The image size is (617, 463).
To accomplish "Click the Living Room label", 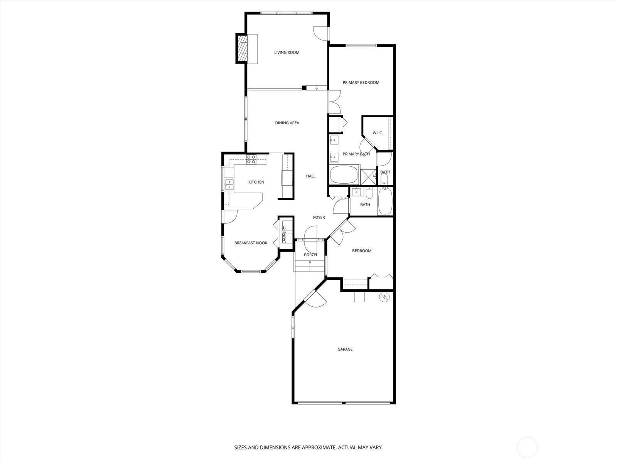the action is pos(287,52).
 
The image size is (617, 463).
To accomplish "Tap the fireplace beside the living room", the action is pos(242,48).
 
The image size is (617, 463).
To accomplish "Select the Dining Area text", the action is pos(287,123).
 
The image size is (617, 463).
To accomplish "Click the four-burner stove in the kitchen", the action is pos(251,159).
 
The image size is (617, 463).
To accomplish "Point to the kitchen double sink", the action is pos(229,185).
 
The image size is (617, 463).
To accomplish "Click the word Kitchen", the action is pos(256,182).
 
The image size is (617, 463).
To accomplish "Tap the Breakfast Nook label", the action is pos(251,243).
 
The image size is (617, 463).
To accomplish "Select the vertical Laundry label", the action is pos(284,235).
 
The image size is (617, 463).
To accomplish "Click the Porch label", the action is pos(310,255).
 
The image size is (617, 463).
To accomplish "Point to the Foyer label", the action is pos(319,217).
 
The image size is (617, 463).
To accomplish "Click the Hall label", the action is pos(310,176).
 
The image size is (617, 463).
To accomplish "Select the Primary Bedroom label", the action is pos(361,83).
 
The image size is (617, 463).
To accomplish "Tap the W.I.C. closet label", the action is pos(378,133).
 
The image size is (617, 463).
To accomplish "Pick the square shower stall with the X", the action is pos(368,177).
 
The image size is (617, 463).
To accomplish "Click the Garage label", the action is pos(345,349).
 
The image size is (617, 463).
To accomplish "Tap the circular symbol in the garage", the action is pos(384,297).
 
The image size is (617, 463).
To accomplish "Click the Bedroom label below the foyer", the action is pos(362,251).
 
